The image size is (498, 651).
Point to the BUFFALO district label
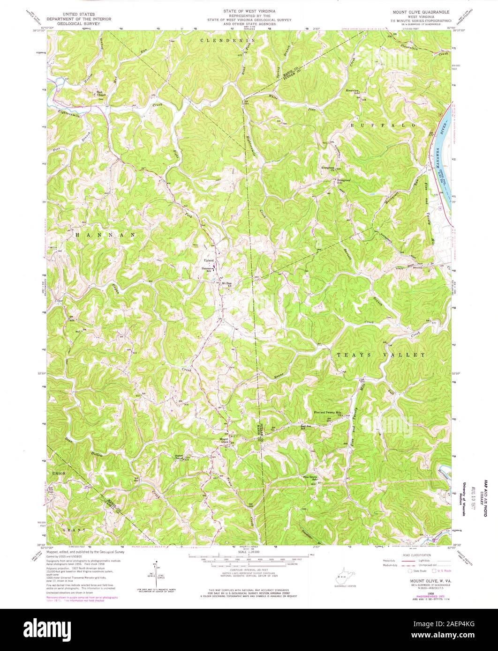click(x=383, y=126)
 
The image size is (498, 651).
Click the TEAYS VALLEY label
click(x=380, y=355)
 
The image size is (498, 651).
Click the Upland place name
click(x=208, y=260)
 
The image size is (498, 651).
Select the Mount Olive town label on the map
click(x=224, y=440)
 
